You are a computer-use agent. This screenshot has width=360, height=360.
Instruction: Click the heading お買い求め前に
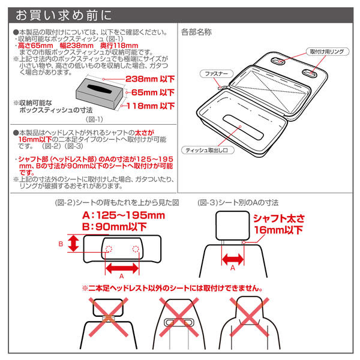[64, 15]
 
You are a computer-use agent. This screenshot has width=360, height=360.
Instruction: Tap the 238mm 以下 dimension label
[150, 79]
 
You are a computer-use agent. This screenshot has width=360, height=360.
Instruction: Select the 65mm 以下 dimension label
[153, 92]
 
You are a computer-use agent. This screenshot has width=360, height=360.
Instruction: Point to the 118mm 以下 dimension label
[151, 106]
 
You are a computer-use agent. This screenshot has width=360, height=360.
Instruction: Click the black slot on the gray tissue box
[100, 89]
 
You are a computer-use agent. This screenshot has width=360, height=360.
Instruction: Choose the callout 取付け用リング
[327, 52]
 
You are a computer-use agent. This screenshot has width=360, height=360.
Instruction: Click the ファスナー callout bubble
[216, 74]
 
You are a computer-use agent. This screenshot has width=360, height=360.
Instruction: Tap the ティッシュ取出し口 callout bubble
[208, 150]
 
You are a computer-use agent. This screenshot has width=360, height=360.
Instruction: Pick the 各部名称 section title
[196, 32]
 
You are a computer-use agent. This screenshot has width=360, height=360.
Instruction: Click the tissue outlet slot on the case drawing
[244, 127]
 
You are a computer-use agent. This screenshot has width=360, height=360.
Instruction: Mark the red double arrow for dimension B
[73, 244]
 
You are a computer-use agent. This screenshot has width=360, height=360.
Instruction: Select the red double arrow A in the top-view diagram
[122, 268]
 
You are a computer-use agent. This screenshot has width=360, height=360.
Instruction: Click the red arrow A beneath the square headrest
[233, 259]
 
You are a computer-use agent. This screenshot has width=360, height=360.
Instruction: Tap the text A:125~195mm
[124, 215]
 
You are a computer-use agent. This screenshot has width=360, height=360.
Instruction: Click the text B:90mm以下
[115, 227]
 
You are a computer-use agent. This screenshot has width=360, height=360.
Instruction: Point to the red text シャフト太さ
[279, 218]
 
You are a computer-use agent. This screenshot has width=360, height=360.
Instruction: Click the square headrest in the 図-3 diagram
[233, 226]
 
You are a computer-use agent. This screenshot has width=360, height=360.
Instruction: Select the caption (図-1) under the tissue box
[94, 119]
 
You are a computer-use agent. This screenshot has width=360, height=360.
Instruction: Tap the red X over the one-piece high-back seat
[250, 317]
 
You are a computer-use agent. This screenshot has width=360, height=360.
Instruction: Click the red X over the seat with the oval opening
[179, 317]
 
